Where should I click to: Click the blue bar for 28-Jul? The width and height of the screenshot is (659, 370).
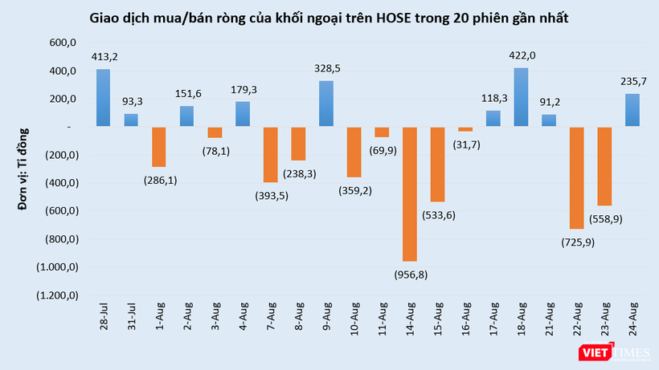(x=103, y=97)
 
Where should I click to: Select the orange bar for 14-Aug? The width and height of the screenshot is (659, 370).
(x=410, y=193)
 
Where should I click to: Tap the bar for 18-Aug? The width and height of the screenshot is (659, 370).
(x=522, y=97)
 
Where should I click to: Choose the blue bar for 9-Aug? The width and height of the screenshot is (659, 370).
(x=326, y=104)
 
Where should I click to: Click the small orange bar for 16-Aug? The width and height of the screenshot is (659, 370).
(x=465, y=129)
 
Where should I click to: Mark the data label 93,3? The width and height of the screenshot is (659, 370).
(x=131, y=102)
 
